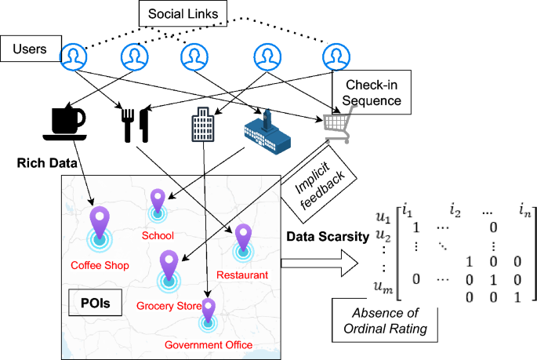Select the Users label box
(31, 50)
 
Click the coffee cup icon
(64, 122)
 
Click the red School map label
(157, 235)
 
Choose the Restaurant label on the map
(243, 275)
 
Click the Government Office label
(208, 344)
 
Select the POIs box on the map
(96, 302)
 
